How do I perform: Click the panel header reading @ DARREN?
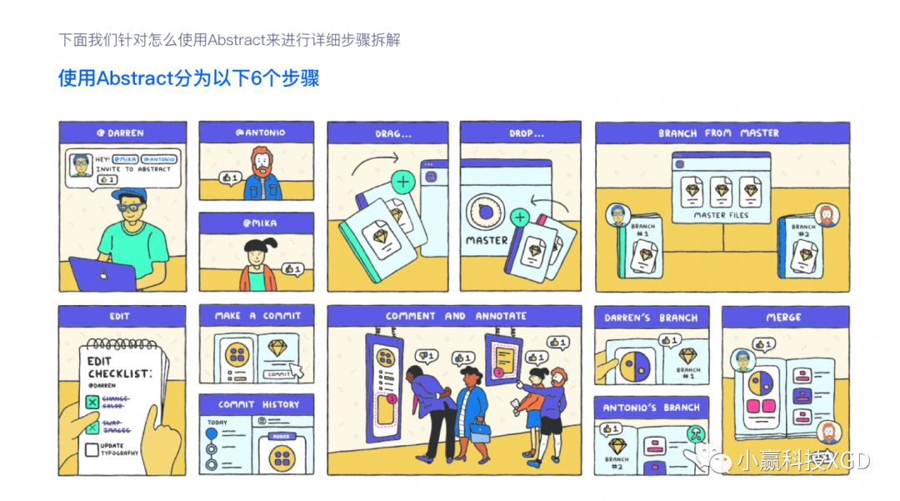coord(122,133)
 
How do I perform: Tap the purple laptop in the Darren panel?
coord(102,274)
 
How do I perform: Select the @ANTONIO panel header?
coord(256,133)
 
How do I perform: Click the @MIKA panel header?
coord(256,223)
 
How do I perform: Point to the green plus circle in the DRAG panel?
coord(404,181)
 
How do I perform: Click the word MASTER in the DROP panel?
coord(487,240)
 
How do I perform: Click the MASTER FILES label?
coord(721,215)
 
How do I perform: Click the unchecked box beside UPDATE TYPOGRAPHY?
coord(92,451)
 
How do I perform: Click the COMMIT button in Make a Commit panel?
coord(279,374)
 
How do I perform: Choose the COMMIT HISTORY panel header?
coord(256,404)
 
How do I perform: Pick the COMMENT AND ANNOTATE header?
coord(456,316)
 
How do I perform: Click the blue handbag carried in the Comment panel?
coord(480,431)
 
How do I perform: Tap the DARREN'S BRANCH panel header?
coord(652,317)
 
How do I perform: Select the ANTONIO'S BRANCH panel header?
coord(652,408)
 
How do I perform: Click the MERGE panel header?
coord(785,317)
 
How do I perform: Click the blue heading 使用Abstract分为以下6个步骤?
coord(188,78)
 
